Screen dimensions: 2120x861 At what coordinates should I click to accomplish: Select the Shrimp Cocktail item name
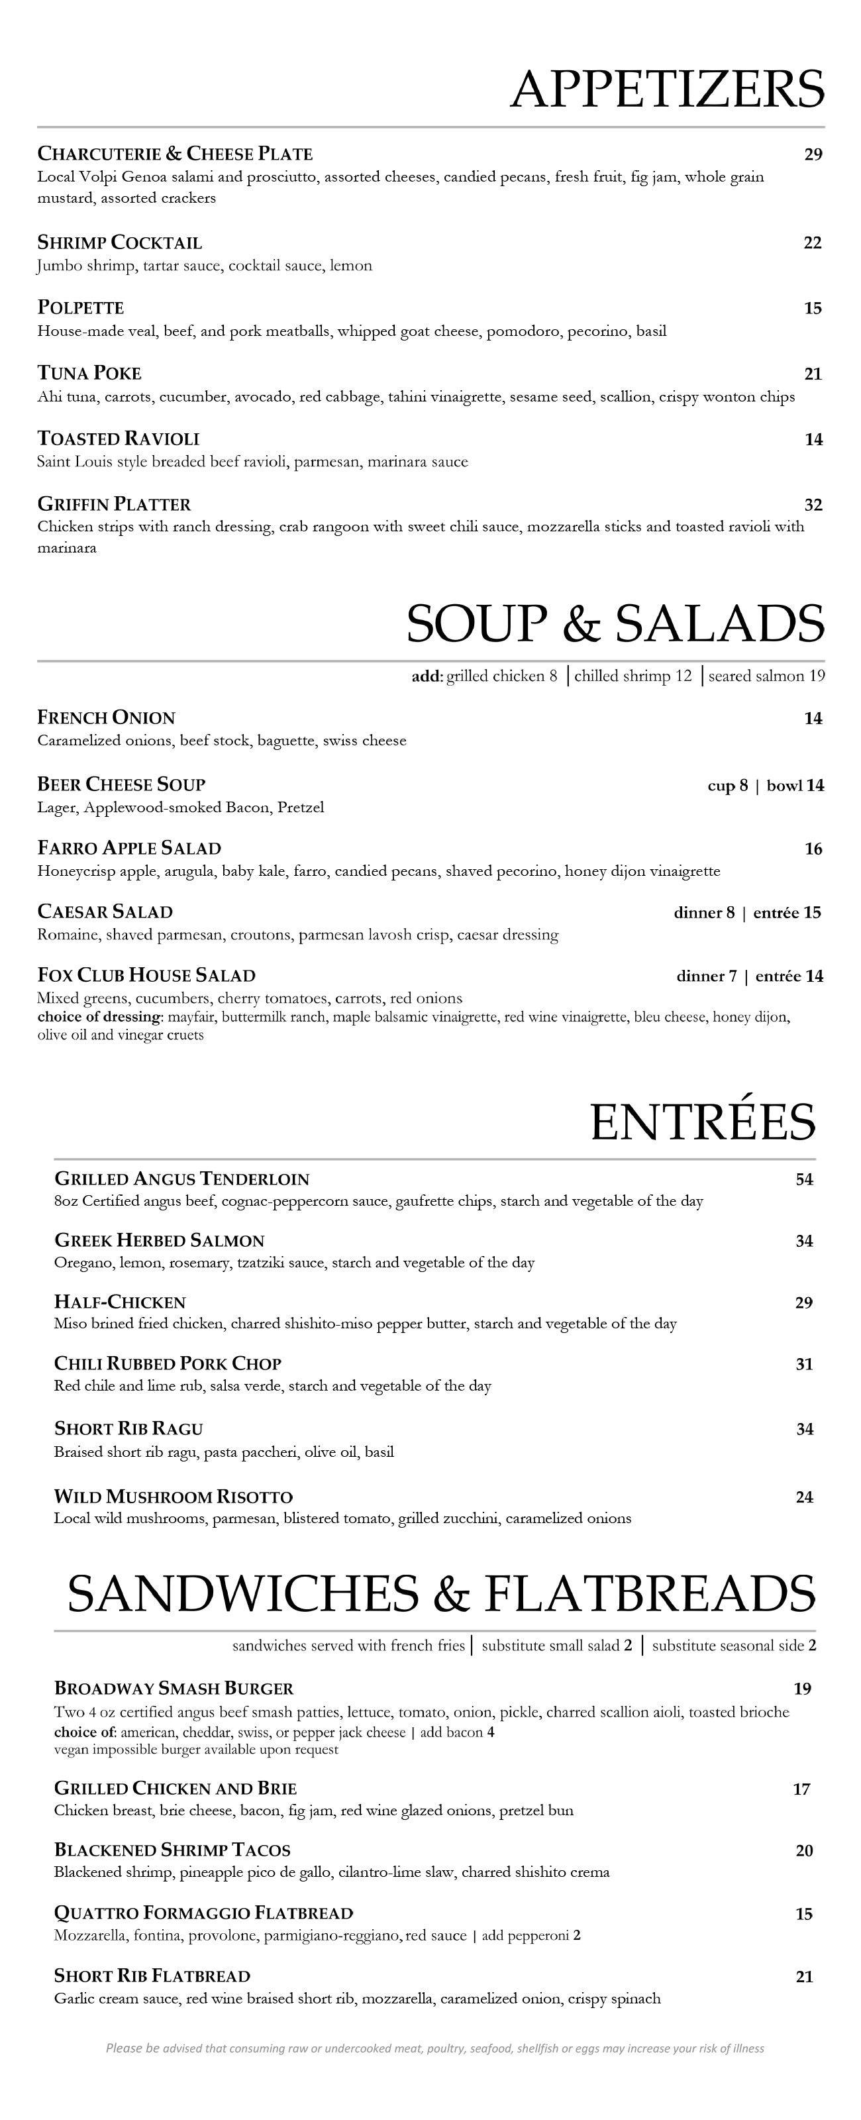119,242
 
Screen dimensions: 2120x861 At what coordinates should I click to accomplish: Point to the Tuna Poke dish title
89,374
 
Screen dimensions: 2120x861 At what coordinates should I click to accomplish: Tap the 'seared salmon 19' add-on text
766,676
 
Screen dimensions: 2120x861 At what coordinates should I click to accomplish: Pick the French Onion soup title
106,717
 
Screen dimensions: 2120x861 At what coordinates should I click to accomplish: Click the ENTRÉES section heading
702,1122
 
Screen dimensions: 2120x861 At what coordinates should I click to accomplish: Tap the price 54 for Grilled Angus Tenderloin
804,1179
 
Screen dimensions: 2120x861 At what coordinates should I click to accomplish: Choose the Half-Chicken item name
120,1302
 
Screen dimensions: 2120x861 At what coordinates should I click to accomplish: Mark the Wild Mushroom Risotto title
174,1496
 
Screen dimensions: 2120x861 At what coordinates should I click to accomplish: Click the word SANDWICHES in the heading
242,1593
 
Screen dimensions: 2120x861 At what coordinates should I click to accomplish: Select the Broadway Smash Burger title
174,1689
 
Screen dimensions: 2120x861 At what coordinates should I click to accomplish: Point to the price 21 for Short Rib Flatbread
804,1977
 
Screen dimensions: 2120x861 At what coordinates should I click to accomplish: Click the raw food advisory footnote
434,2048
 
